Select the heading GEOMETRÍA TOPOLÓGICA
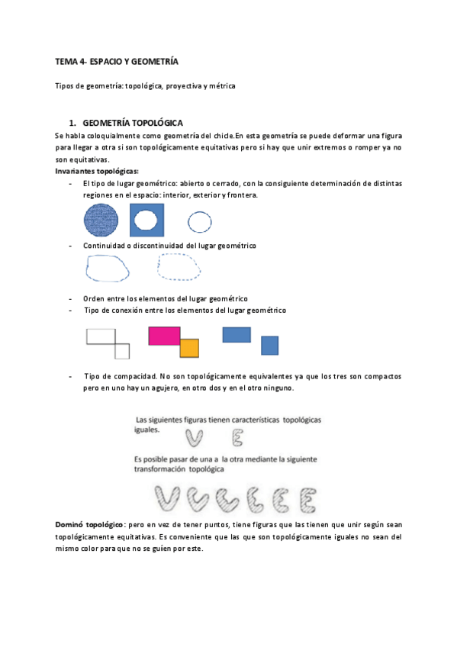tap(131, 122)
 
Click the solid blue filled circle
tap(101, 221)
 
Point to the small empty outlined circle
tap(200, 222)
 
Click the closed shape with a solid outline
tap(108, 269)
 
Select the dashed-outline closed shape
tap(179, 269)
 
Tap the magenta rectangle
tap(163, 336)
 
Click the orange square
tap(189, 349)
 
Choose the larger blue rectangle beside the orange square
tap(237, 334)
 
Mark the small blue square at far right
tap(269, 346)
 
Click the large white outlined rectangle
tap(100, 336)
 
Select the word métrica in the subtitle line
tap(220, 85)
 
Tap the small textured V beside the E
tap(195, 437)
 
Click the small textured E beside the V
tap(237, 437)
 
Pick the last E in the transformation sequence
tap(307, 499)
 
